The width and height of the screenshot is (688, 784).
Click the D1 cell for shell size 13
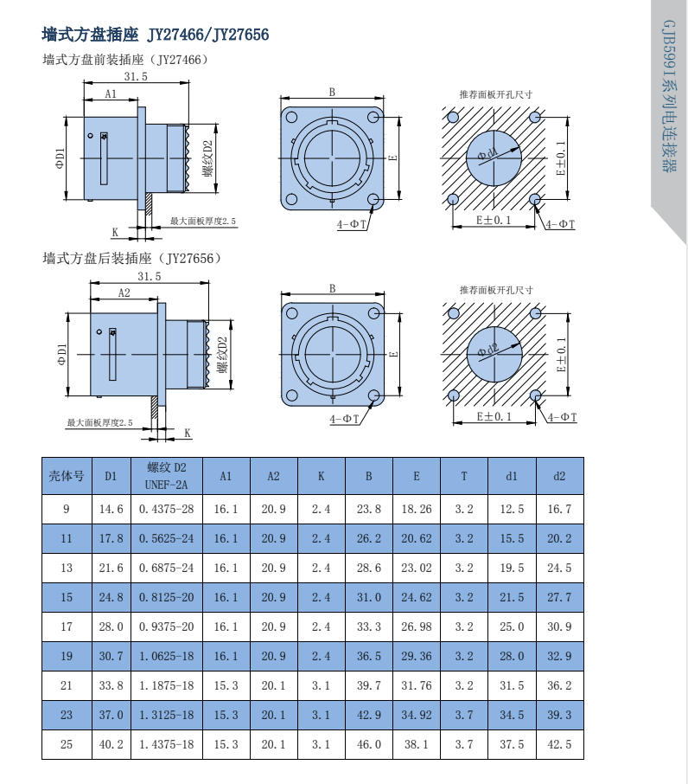click(111, 568)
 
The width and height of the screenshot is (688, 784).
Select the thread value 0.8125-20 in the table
click(166, 597)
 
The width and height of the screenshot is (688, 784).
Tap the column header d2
click(559, 476)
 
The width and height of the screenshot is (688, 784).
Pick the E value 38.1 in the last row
click(417, 744)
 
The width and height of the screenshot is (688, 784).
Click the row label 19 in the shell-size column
click(67, 656)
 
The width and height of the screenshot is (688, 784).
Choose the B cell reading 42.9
click(368, 715)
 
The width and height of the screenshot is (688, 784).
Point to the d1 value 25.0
click(512, 627)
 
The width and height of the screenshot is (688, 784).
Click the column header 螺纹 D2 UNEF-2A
click(166, 475)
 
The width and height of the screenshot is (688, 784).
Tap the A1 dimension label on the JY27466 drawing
click(111, 93)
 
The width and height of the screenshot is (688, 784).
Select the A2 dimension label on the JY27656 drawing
click(124, 293)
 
